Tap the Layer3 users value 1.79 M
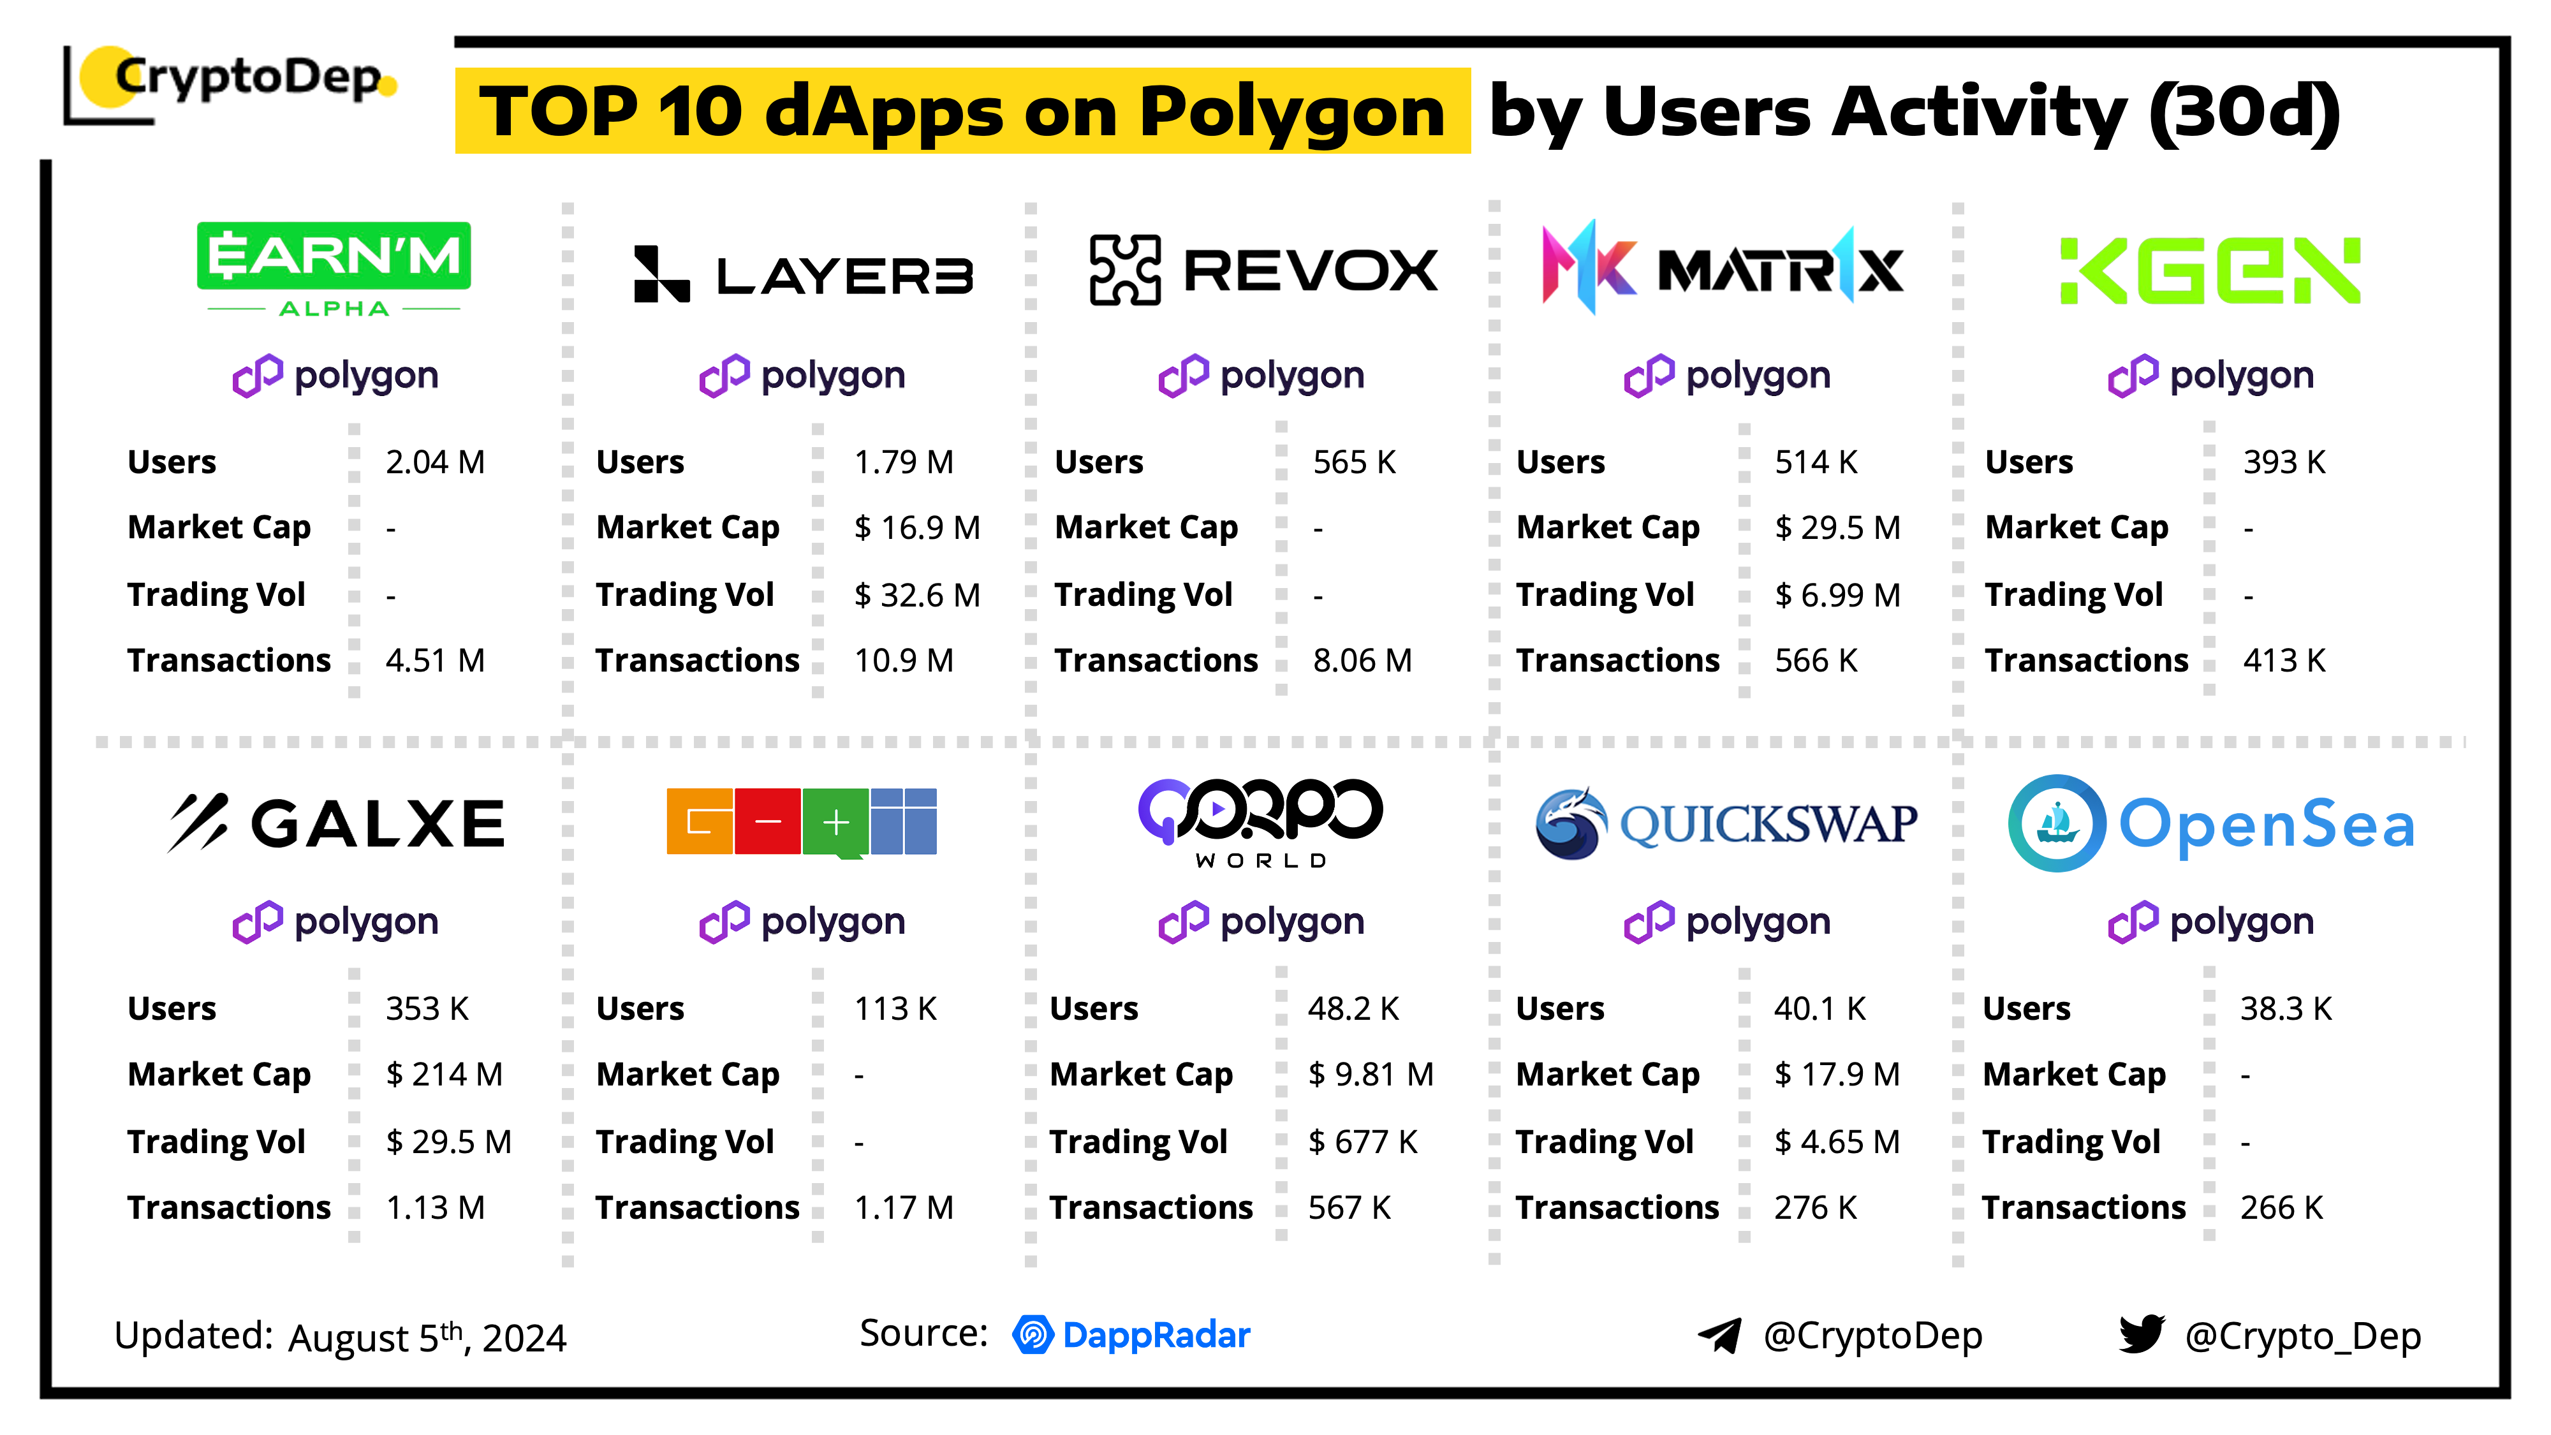(x=903, y=462)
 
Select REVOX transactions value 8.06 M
(x=1362, y=661)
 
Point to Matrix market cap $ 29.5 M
(x=1837, y=528)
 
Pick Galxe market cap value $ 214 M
(x=444, y=1075)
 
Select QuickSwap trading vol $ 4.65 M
(x=1836, y=1142)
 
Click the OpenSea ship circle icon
(x=2057, y=823)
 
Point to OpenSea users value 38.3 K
(x=2286, y=1009)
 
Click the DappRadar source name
(x=1156, y=1335)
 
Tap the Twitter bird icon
(x=2141, y=1334)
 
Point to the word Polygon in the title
(x=1291, y=111)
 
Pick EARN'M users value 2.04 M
(x=435, y=462)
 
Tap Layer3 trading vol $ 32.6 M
(x=916, y=595)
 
